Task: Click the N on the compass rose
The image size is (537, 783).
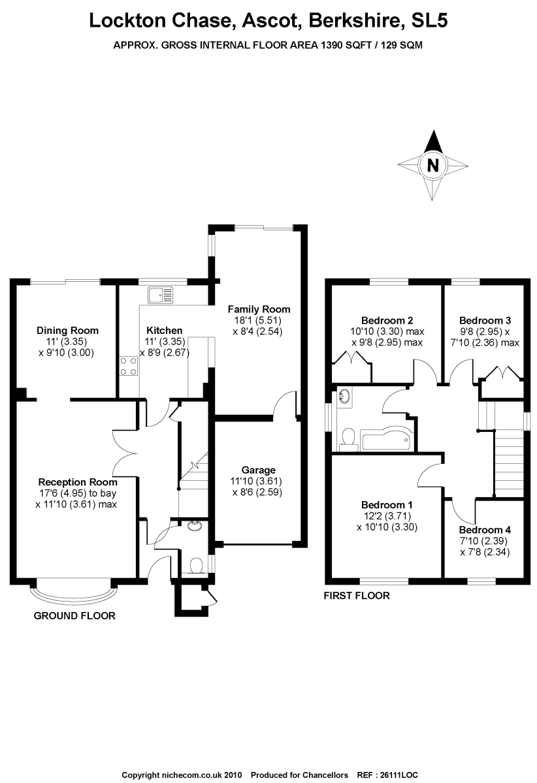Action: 433,165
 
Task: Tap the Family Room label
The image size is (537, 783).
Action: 259,309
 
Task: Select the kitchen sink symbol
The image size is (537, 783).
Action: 161,295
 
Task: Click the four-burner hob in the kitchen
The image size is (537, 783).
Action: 129,366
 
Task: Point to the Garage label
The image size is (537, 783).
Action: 258,470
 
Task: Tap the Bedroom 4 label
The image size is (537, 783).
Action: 485,530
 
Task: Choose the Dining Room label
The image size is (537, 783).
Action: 67,331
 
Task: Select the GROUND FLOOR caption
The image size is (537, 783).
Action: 74,616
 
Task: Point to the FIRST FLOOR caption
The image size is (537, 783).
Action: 357,596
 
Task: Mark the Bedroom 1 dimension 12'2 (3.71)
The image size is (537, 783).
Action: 387,516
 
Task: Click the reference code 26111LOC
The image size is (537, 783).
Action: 399,775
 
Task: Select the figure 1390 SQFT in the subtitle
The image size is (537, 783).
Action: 344,46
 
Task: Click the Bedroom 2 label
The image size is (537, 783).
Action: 387,320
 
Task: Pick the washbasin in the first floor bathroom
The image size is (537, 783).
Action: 344,397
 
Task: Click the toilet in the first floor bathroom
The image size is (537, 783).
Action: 348,438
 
